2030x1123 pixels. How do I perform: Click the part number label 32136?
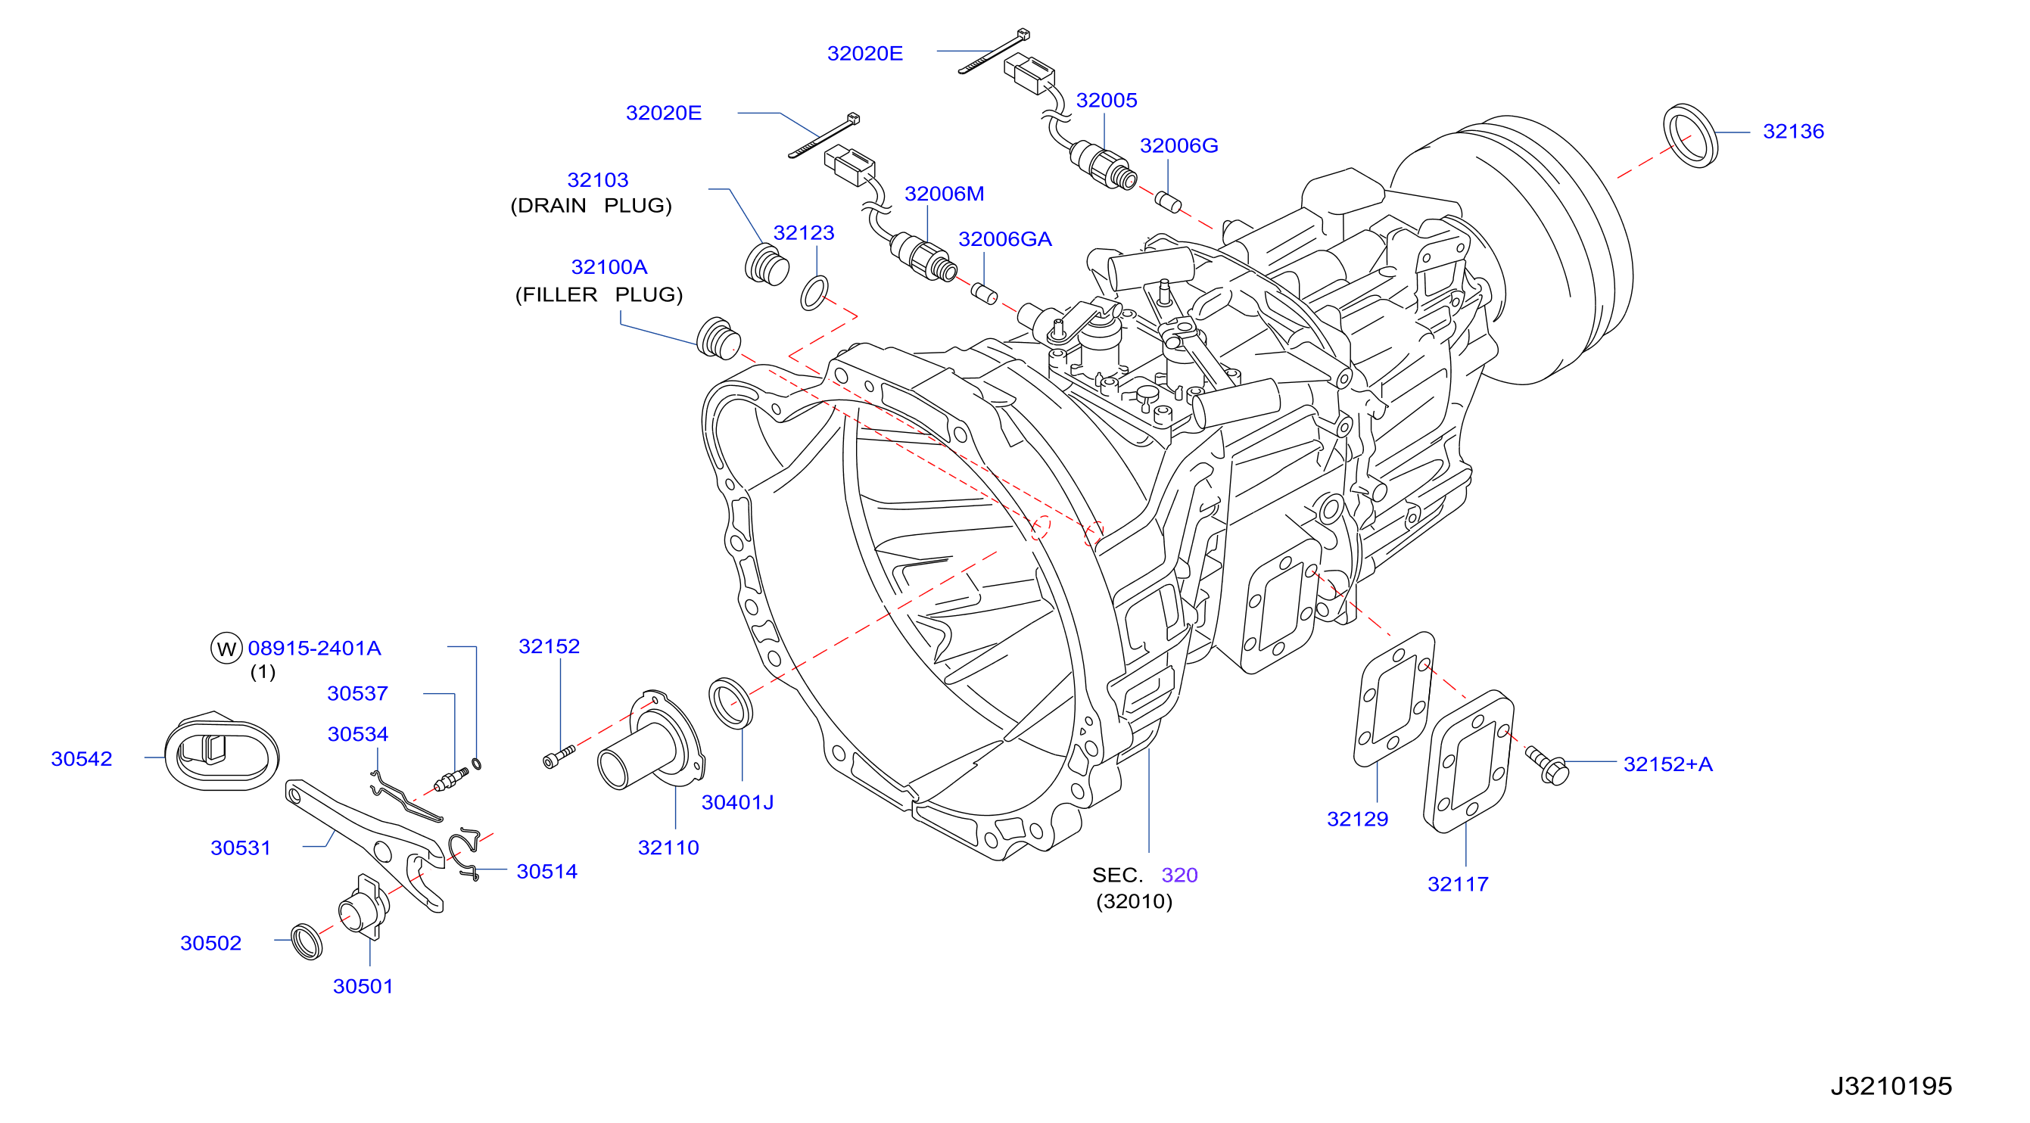[x=1793, y=131]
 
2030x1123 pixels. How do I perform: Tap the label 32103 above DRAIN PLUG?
[x=597, y=179]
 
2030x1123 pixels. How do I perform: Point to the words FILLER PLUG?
[x=599, y=294]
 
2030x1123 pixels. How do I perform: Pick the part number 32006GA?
[x=1004, y=239]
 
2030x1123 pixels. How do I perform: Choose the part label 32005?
[x=1107, y=100]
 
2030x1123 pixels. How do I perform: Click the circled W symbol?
[x=226, y=648]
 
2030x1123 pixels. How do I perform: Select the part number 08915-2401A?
[x=314, y=648]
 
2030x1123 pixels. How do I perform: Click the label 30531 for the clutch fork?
[x=241, y=848]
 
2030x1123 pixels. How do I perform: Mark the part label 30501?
[x=363, y=986]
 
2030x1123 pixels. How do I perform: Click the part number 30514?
[x=547, y=871]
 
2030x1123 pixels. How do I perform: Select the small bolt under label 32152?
[x=559, y=755]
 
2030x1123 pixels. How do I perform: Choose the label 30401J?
[x=738, y=801]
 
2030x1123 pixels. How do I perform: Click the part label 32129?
[x=1357, y=818]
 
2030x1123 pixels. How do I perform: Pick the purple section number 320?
[x=1179, y=874]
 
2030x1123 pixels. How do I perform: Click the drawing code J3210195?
[x=1891, y=1085]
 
